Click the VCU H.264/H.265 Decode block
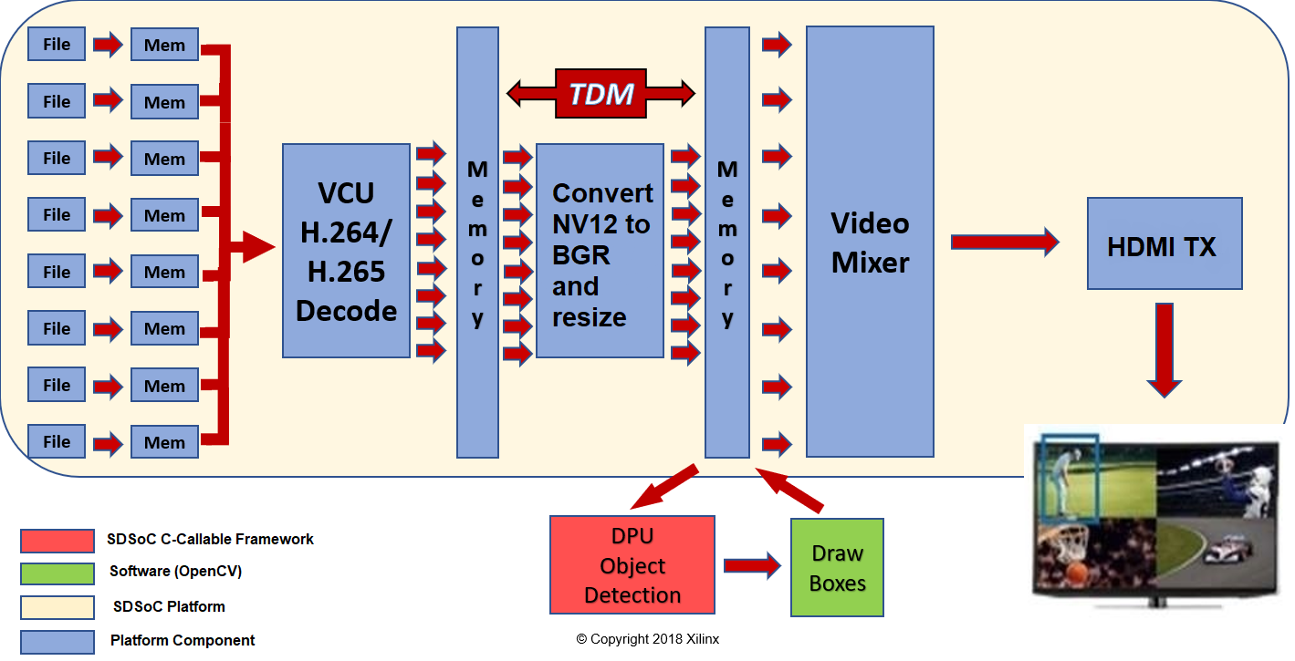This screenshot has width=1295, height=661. (346, 251)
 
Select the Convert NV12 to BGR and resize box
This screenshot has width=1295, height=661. (600, 251)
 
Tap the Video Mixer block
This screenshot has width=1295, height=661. (870, 242)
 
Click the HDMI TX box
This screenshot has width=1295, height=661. (1164, 245)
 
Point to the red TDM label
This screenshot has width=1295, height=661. (601, 93)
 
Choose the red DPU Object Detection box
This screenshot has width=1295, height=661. (632, 565)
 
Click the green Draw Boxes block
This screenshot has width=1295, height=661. (837, 567)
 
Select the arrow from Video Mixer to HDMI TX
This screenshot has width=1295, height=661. (1004, 242)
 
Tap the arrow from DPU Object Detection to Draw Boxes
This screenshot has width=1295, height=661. (752, 565)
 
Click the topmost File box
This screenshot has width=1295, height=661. (57, 44)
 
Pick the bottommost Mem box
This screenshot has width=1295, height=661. (164, 442)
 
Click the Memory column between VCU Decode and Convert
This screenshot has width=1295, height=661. (477, 242)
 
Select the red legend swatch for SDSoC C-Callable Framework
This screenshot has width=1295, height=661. (57, 541)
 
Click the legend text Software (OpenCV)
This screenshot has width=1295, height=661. (175, 572)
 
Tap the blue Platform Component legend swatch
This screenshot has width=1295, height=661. (57, 641)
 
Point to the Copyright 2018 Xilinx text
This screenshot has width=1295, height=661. (647, 639)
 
